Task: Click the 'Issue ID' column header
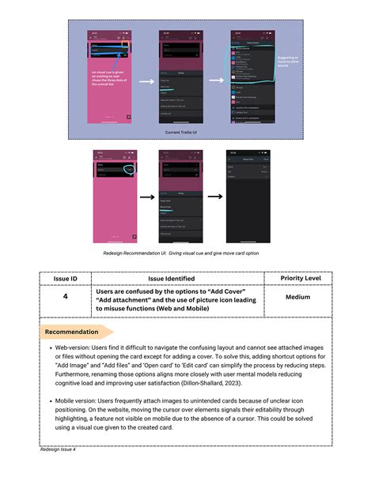pyautogui.click(x=65, y=279)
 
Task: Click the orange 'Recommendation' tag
pyautogui.click(x=71, y=332)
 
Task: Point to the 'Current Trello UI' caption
pyautogui.click(x=187, y=133)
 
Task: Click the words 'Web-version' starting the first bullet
pyautogui.click(x=70, y=347)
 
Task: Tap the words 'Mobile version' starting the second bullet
pyautogui.click(x=74, y=401)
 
